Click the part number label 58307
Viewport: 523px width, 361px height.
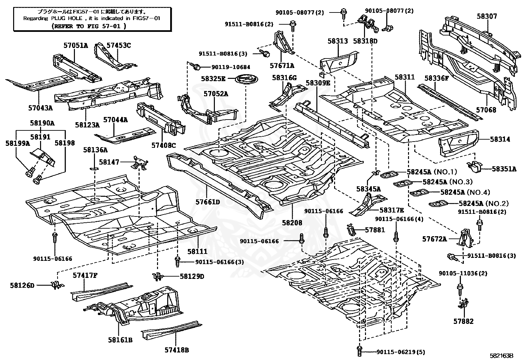(487, 16)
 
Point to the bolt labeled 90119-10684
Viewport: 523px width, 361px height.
(196, 67)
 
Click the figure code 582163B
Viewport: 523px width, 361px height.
(501, 355)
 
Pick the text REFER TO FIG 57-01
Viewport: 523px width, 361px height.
(89, 26)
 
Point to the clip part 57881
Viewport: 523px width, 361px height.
(351, 229)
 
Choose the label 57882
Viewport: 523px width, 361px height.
(464, 321)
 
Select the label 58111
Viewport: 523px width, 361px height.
(197, 251)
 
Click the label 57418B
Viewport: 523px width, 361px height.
(177, 350)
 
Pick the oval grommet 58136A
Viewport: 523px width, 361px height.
(95, 169)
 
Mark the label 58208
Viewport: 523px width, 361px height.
(292, 222)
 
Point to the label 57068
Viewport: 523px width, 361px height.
(486, 110)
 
